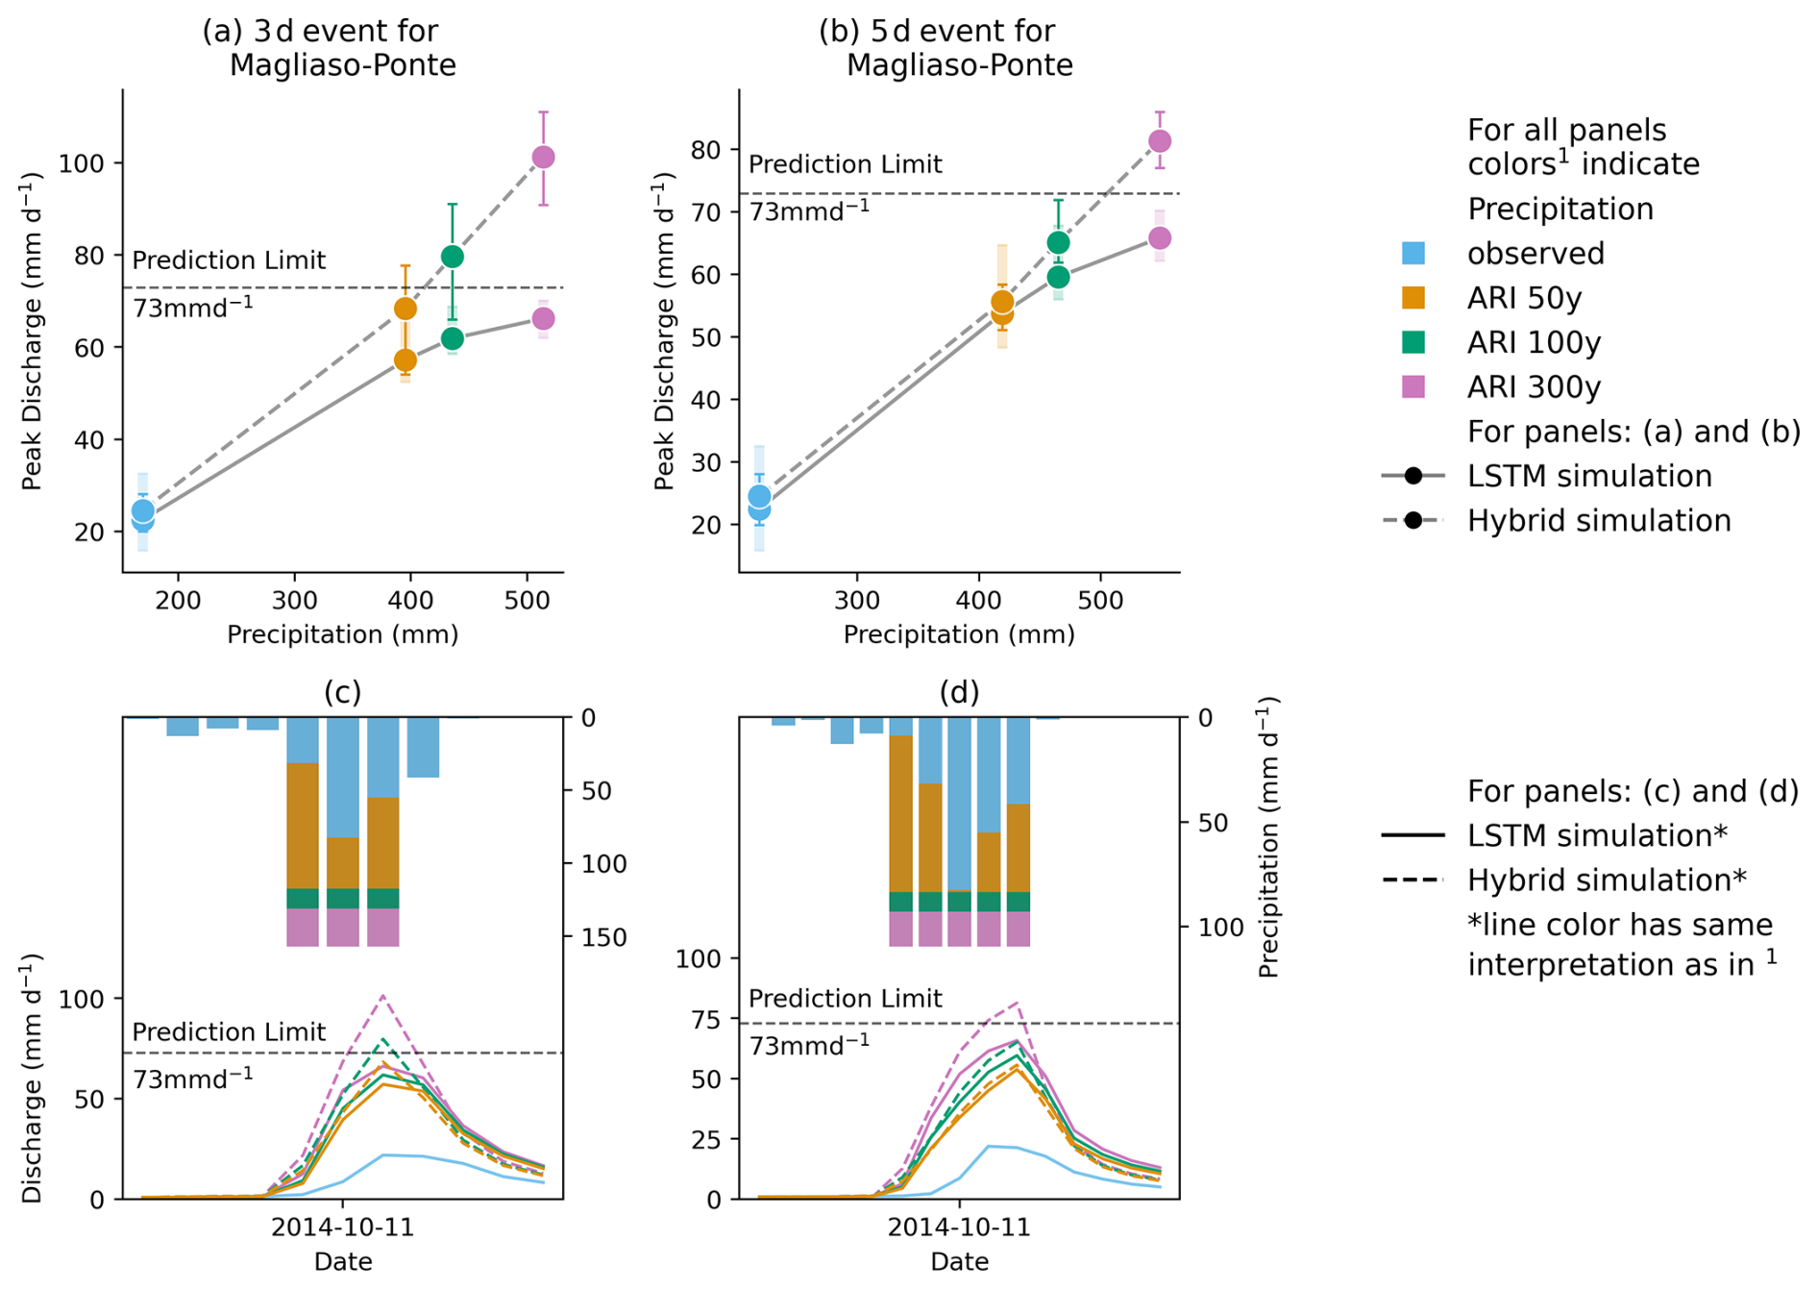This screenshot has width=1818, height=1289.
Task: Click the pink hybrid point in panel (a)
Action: (543, 157)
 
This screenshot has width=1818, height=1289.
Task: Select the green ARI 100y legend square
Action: (1413, 342)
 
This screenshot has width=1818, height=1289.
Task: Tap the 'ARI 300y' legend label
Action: (1534, 387)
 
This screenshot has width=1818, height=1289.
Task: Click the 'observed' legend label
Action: (1535, 254)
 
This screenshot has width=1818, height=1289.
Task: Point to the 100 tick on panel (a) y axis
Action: (81, 163)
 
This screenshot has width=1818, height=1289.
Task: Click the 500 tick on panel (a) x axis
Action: (527, 602)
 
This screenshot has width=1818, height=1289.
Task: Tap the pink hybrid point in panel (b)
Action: (1160, 141)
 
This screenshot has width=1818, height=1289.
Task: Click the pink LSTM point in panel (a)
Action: (543, 319)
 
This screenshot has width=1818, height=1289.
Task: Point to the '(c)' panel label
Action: (342, 692)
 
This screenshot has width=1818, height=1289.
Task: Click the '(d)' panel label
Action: (959, 692)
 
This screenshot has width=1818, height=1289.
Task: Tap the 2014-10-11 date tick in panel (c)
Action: (342, 1227)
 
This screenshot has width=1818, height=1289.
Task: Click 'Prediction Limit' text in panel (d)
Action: (845, 999)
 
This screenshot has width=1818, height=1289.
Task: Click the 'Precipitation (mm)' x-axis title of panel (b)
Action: (958, 634)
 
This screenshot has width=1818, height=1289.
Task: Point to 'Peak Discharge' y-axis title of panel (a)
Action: (33, 331)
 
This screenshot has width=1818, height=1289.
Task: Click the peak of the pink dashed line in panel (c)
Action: (383, 996)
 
